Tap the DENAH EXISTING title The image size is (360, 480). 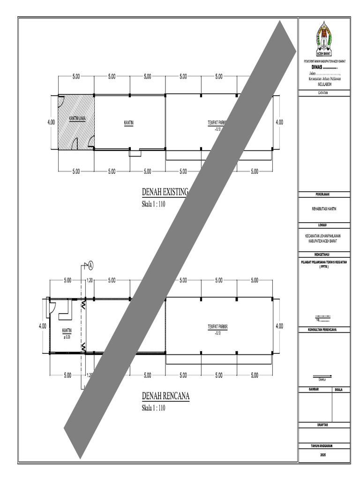(x=165, y=192)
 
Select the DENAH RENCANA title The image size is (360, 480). (x=165, y=397)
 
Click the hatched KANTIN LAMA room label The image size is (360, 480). (x=77, y=118)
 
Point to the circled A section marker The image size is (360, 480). (x=90, y=265)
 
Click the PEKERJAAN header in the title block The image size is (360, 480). (x=324, y=194)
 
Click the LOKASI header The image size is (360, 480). (x=324, y=225)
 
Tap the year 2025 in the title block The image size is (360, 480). (x=324, y=455)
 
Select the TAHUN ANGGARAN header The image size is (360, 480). (x=324, y=445)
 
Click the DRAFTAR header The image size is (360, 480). (x=324, y=425)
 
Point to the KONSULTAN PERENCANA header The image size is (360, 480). (x=324, y=330)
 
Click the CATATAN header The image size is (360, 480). (x=324, y=93)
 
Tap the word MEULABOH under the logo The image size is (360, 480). (x=324, y=84)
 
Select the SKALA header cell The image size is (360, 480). (x=341, y=390)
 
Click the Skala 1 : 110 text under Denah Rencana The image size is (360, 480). (x=154, y=408)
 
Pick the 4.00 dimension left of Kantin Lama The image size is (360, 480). (x=51, y=122)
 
